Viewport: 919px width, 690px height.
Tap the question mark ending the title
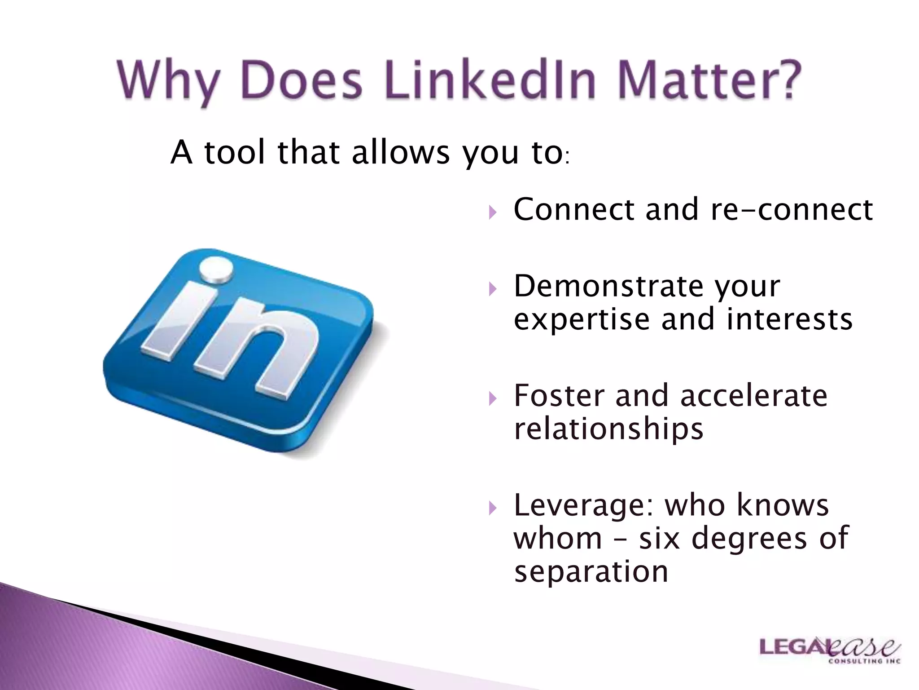[784, 80]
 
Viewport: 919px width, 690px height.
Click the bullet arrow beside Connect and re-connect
[493, 212]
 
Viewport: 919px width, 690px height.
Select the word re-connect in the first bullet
[792, 209]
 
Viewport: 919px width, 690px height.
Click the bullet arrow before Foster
[493, 398]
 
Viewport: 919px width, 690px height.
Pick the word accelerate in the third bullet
[753, 396]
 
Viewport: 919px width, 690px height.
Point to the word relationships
[608, 429]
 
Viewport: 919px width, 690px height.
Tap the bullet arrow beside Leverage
[493, 508]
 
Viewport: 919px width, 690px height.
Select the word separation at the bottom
[591, 571]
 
